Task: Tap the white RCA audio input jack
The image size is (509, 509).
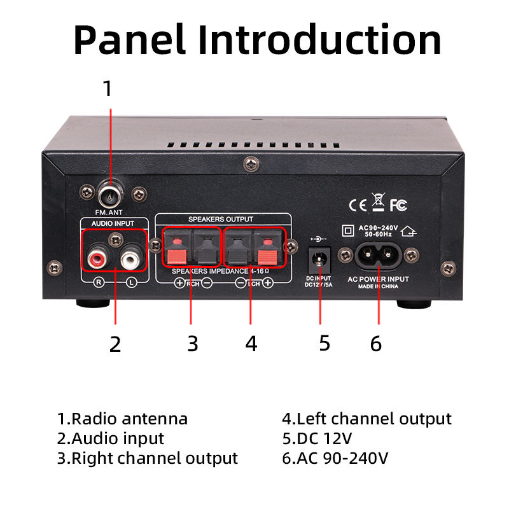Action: click(130, 259)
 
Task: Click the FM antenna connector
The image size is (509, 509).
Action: click(109, 191)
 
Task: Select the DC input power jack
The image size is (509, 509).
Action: click(319, 259)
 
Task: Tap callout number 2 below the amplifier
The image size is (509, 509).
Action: click(115, 344)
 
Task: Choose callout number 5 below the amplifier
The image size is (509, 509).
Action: click(324, 344)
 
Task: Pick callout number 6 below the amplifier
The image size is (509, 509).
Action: click(376, 344)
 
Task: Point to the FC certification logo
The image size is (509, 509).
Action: click(399, 205)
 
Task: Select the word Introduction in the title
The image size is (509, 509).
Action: click(320, 39)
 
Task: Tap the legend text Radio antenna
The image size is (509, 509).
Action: click(130, 419)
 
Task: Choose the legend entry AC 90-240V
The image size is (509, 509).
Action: click(343, 458)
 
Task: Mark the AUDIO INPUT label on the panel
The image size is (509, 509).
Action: click(114, 224)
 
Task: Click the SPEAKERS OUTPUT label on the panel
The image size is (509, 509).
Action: click(220, 219)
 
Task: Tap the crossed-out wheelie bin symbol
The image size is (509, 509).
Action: click(378, 203)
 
